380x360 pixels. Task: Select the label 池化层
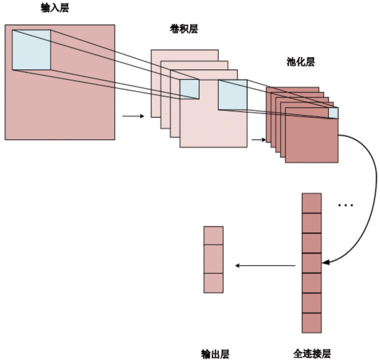coord(298,62)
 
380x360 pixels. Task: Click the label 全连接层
coord(312,354)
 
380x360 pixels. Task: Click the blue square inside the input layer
coord(31,49)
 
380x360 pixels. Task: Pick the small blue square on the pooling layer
coord(333,113)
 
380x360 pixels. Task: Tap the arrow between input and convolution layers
coord(133,116)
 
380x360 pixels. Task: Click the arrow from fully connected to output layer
coord(265,265)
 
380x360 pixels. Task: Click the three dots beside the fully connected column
coord(346,205)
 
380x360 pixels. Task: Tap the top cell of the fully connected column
coord(312,203)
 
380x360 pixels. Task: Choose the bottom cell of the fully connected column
coord(312,322)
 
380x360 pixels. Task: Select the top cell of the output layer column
coord(214,235)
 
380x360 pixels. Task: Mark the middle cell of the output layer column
coord(214,259)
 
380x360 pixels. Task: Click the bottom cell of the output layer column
coord(214,283)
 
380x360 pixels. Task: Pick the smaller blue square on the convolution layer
coord(189,89)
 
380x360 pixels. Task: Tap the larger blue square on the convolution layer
coord(232,94)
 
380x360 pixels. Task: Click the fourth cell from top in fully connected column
coord(312,263)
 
